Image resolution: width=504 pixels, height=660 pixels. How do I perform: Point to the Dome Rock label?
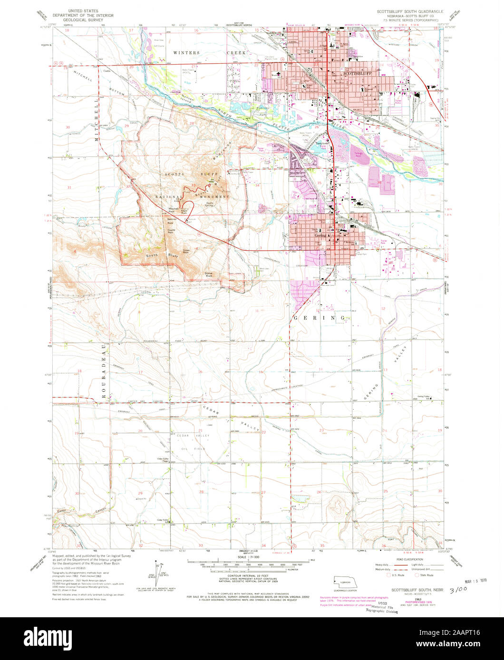(209, 274)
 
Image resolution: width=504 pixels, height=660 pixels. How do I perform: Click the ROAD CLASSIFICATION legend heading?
(407, 560)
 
